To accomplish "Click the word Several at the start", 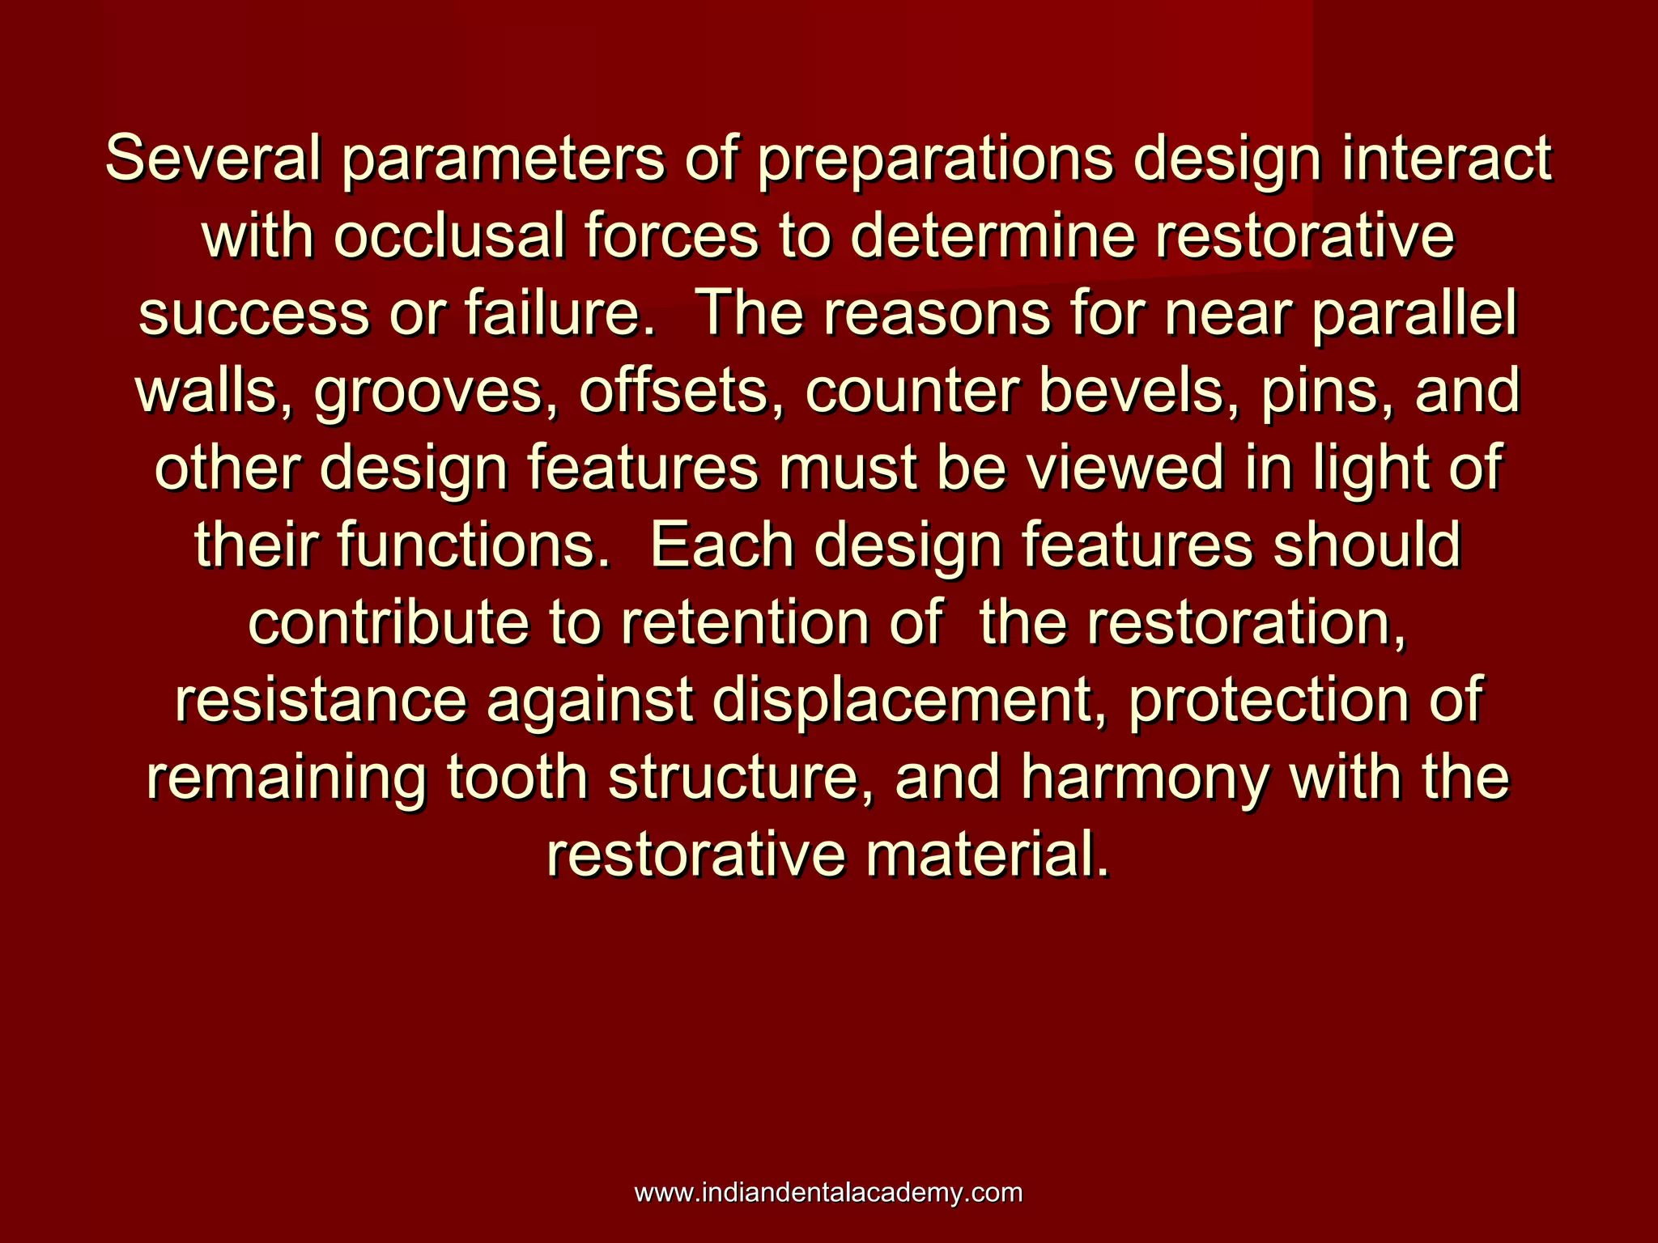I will (212, 159).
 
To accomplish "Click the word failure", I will (559, 314).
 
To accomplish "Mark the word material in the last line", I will (988, 855).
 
